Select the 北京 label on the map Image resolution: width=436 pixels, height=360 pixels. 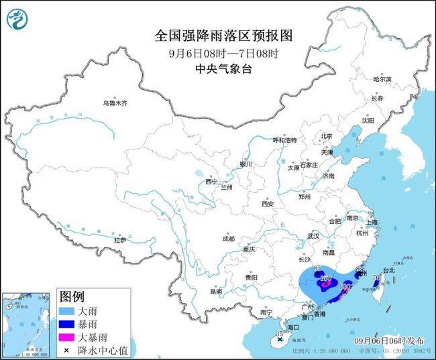click(326, 136)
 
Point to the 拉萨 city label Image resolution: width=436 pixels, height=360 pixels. click(120, 240)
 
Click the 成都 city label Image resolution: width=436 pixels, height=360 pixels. click(228, 239)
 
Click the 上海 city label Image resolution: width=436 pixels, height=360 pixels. click(372, 222)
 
